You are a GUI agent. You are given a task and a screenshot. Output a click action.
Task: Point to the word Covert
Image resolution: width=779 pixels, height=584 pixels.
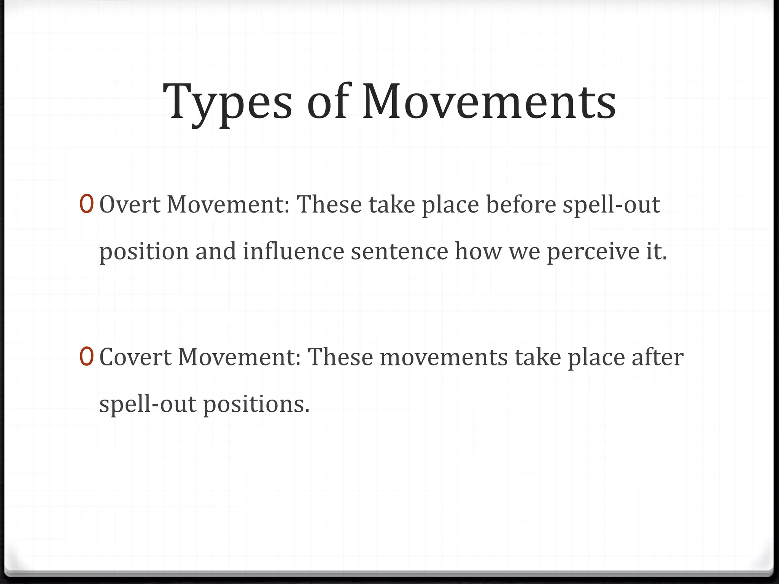click(135, 357)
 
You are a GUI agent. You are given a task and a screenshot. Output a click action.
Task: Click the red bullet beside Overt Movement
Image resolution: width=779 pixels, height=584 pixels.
click(86, 204)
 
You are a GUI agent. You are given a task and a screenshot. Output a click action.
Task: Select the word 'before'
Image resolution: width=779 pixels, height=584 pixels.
click(521, 205)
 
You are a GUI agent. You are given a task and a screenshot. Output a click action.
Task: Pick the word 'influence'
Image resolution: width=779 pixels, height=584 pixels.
click(293, 251)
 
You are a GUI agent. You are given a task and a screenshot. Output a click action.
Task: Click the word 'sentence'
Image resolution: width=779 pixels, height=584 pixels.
click(399, 252)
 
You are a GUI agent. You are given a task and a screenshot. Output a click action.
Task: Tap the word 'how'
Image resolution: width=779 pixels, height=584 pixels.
click(478, 251)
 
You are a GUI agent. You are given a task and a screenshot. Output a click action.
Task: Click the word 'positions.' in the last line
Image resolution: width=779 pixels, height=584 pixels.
click(256, 404)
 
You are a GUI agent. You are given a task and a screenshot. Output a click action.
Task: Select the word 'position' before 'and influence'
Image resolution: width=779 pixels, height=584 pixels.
click(144, 252)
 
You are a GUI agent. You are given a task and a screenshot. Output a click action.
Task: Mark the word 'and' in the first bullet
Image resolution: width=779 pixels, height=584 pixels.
click(216, 251)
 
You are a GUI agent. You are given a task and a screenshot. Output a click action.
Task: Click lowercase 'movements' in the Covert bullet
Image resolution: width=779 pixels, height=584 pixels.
click(444, 357)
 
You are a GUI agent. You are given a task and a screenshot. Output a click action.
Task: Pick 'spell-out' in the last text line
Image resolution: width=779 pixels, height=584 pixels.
click(148, 404)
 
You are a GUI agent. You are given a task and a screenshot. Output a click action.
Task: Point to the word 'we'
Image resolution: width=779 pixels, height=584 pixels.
click(525, 252)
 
